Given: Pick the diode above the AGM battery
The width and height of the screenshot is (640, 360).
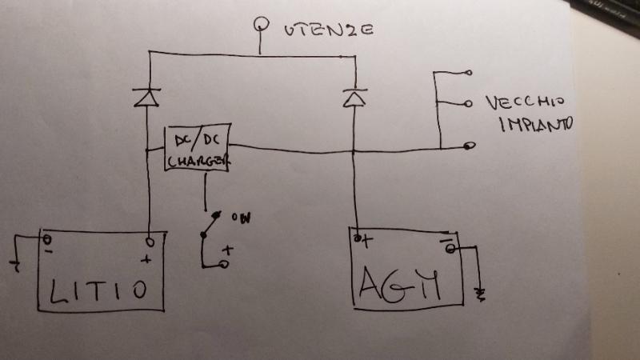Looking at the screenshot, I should point(353,98).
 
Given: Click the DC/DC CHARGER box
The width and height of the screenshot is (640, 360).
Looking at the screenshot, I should point(198,147).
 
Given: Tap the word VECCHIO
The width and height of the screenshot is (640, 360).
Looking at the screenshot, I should point(525,102).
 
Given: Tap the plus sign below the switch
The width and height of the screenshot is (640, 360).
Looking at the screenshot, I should point(226,249).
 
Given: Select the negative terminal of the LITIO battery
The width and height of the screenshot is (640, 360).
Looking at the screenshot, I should point(47,238).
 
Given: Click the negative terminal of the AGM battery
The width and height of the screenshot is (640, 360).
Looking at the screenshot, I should point(450,248).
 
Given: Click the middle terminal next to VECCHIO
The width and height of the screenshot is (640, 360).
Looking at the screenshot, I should point(468,102).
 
